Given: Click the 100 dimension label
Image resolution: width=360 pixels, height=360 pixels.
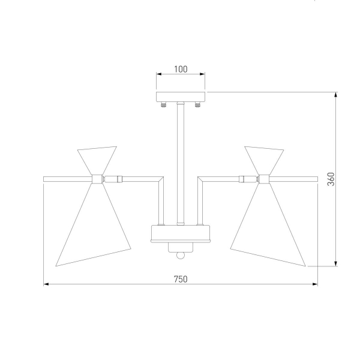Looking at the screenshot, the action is [181, 69].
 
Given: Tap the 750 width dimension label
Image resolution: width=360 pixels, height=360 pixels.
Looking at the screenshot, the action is [181, 279].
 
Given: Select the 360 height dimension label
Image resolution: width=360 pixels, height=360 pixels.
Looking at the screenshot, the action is [331, 179].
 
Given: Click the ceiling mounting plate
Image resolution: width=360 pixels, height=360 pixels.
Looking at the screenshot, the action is [181, 97].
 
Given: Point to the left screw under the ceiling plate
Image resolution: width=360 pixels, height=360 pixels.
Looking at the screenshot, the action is [163, 104].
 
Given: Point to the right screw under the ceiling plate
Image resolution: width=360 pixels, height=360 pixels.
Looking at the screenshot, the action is [197, 104].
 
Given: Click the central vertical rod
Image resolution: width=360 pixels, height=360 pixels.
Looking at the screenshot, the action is [181, 163].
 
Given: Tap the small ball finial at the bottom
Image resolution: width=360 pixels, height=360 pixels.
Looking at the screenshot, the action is [181, 256].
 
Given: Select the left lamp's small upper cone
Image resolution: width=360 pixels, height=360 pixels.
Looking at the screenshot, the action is [97, 160].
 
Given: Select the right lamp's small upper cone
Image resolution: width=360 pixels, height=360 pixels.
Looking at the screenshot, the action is [264, 160].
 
